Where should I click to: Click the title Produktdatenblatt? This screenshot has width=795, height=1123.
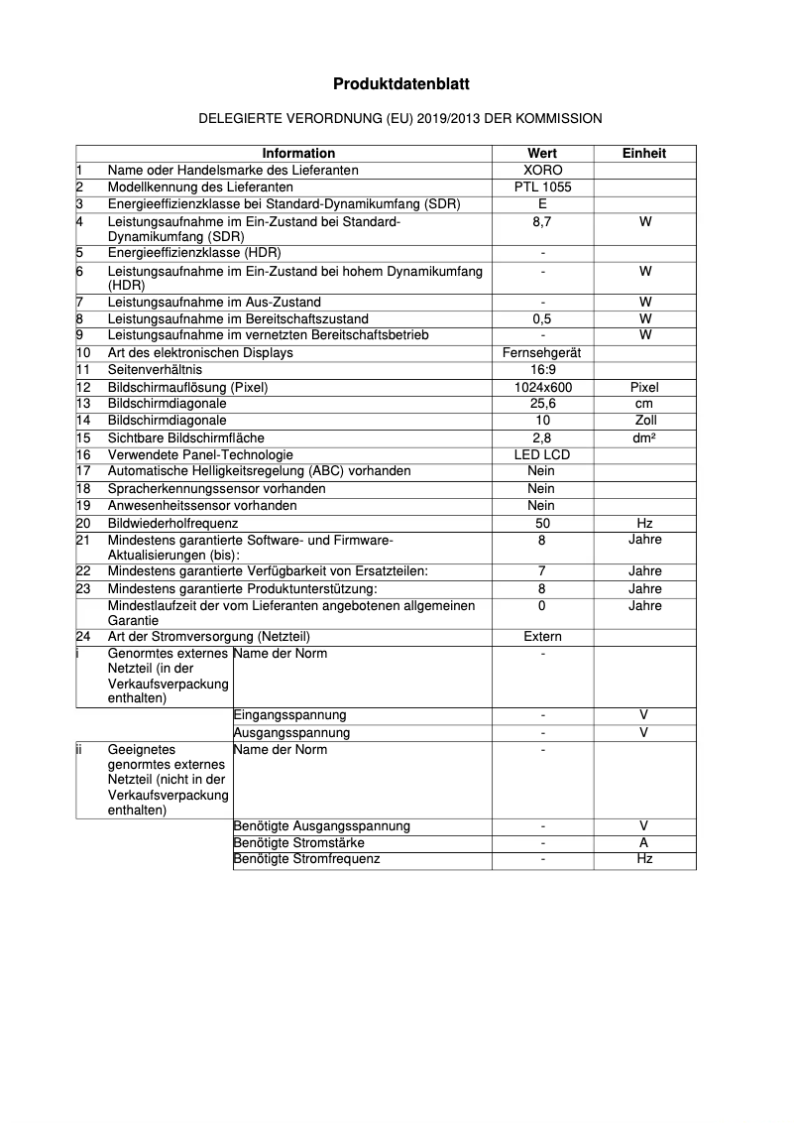pos(400,85)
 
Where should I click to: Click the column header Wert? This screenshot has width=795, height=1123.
pos(542,154)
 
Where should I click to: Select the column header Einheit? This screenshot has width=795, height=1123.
pos(644,154)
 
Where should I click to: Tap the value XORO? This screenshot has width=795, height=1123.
pos(542,170)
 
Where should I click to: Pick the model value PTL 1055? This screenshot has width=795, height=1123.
pos(542,187)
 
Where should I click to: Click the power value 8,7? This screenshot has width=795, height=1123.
pos(542,221)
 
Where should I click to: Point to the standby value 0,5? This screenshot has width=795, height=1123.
pos(542,319)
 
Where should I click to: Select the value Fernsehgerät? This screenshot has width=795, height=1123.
pos(542,353)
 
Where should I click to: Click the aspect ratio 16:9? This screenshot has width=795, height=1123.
pos(542,370)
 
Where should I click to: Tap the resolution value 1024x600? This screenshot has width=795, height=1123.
pos(542,388)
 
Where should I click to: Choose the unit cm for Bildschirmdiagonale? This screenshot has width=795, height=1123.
pos(644,404)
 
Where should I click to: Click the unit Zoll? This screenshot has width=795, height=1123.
pos(644,421)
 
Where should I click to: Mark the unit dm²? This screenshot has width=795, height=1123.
pos(644,437)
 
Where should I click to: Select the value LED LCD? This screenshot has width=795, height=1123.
pos(542,454)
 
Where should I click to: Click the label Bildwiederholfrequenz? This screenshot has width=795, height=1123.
pos(173,523)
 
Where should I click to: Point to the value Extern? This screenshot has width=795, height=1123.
pos(542,637)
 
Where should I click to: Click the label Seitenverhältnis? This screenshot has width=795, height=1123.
pos(155,370)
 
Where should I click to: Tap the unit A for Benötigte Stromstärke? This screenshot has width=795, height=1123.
pos(644,843)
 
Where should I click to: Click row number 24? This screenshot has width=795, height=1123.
pos(83,637)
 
